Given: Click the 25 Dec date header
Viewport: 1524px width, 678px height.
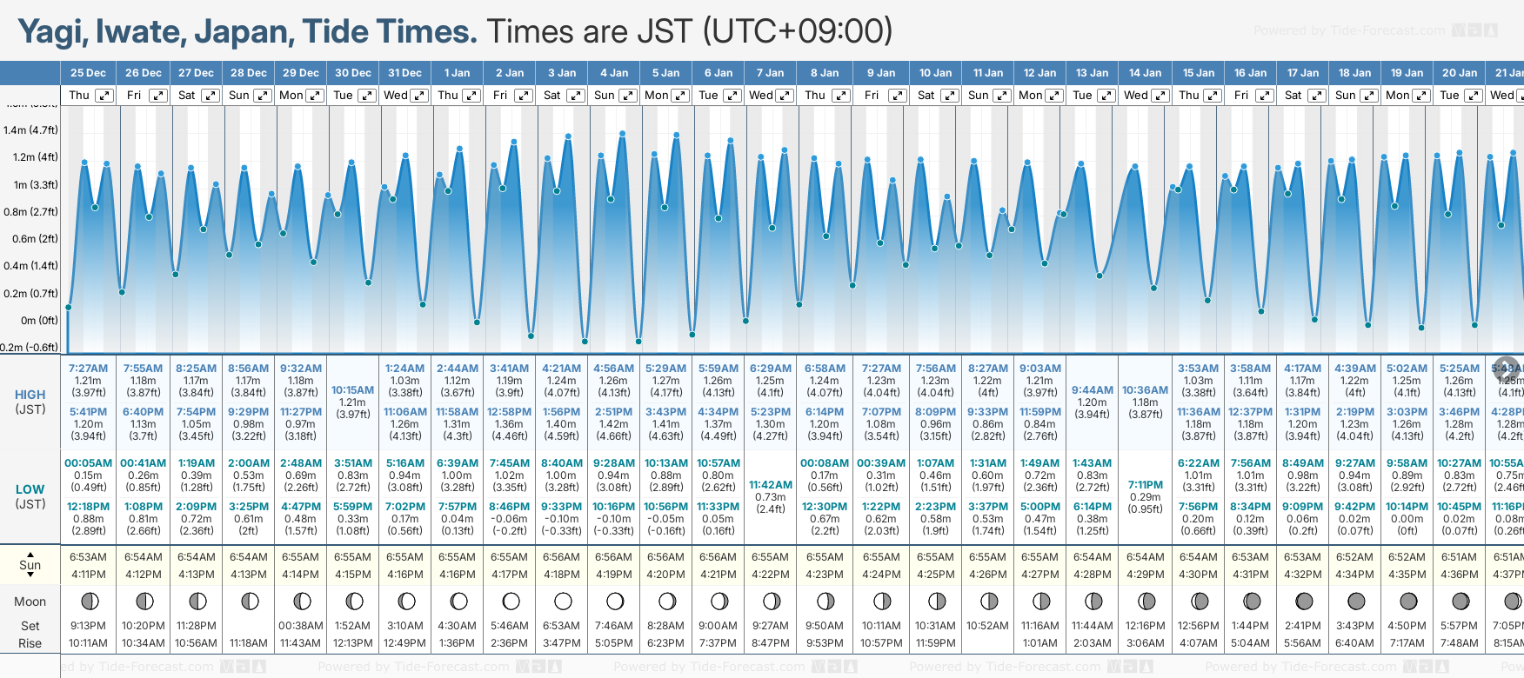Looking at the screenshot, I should [88, 73].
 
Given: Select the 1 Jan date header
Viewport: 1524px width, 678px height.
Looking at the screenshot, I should [457, 73].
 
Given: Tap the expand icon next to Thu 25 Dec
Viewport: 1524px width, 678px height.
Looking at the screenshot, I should [104, 96].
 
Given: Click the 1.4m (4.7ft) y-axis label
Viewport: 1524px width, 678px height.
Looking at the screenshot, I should [30, 130].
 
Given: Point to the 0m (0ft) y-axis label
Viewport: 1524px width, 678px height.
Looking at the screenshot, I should [39, 320].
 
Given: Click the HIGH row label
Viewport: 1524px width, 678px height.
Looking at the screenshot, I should [30, 395].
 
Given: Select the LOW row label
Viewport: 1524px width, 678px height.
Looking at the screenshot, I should [30, 489].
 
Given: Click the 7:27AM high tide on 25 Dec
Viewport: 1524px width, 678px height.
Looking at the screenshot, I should [88, 369].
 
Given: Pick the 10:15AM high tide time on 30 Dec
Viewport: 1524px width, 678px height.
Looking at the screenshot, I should [352, 390].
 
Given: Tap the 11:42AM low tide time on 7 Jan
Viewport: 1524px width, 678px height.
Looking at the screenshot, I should [771, 485].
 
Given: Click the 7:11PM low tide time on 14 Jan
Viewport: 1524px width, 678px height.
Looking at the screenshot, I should [1145, 485].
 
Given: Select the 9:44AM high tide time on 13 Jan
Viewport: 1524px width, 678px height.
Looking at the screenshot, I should [1092, 390].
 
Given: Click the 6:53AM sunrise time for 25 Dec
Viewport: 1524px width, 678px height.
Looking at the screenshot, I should [88, 557].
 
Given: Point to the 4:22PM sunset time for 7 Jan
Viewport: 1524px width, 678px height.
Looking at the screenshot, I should [771, 575].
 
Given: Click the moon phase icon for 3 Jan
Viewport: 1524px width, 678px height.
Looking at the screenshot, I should [563, 601].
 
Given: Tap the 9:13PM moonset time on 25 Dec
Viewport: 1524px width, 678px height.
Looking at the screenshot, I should [88, 626].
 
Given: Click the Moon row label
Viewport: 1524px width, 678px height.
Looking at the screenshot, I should [30, 602].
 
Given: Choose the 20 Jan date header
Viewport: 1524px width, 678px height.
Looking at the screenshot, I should [1460, 73].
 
